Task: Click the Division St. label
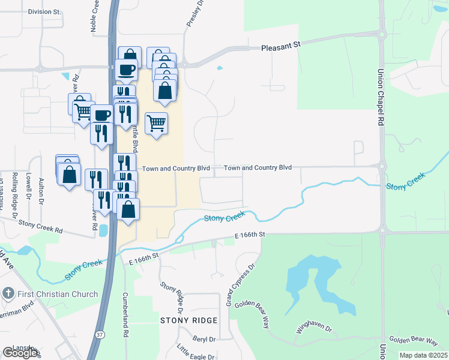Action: pos(44,11)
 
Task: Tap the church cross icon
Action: pos(8,293)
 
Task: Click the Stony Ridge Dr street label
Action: pos(171,297)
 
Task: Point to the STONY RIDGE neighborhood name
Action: pos(187,321)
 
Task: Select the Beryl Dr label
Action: pos(203,339)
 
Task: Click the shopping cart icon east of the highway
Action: pos(156,123)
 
